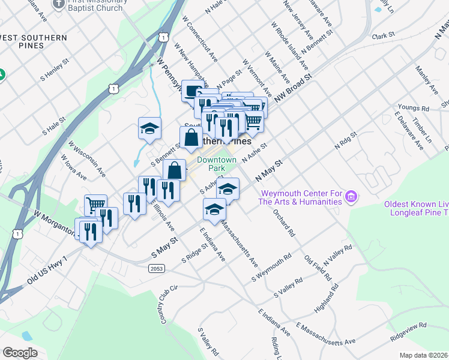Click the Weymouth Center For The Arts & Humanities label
[300, 197]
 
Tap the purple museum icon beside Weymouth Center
[352, 196]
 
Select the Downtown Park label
[218, 164]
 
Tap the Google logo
[20, 353]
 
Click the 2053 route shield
[157, 269]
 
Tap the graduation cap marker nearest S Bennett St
[150, 128]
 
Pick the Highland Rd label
[331, 301]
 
